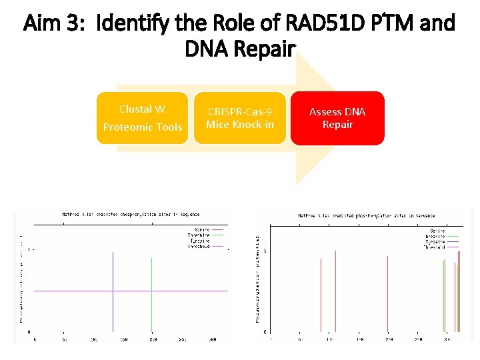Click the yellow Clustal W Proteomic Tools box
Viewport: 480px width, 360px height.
[142, 118]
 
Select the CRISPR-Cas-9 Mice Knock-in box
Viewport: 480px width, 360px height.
[240, 118]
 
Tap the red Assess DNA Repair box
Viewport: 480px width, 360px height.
[337, 118]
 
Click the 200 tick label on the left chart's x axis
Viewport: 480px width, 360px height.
[152, 339]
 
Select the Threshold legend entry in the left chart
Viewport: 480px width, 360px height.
[198, 246]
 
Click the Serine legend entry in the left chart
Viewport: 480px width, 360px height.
[199, 230]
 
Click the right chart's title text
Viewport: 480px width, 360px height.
[366, 215]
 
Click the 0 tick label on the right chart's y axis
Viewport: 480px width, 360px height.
[266, 331]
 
